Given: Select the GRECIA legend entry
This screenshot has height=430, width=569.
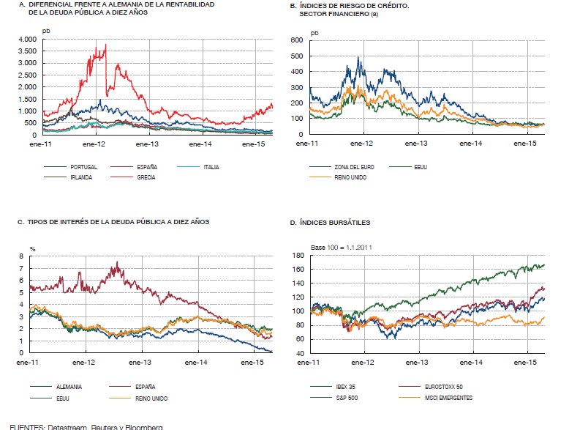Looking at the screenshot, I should pos(146,177).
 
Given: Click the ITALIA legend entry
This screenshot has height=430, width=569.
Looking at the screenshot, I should pos(208,167).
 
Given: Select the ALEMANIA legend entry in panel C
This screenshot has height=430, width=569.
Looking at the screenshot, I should pos(69,386).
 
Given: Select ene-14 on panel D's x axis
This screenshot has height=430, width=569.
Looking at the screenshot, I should pos(474,363).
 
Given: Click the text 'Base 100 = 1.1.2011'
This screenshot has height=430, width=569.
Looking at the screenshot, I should pos(341,247).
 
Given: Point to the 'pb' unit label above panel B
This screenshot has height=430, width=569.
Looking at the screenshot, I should pos(315,32).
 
